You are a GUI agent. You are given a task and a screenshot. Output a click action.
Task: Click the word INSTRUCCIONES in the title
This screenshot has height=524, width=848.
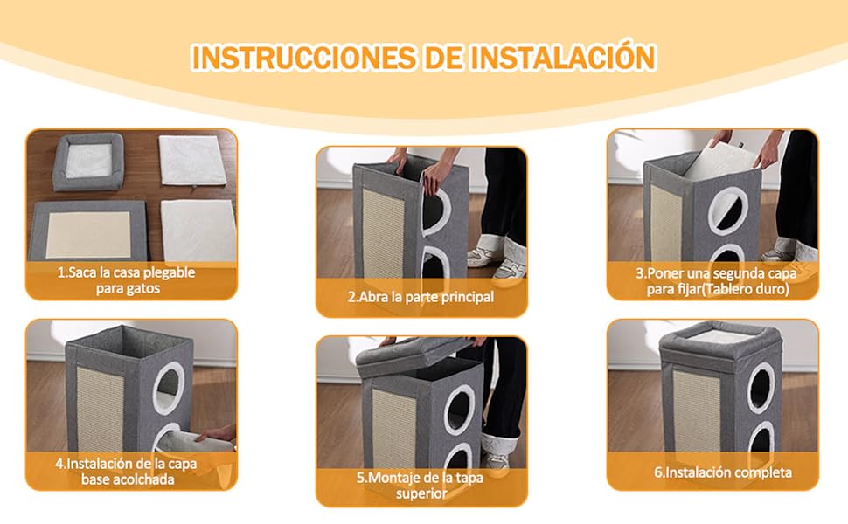(304, 58)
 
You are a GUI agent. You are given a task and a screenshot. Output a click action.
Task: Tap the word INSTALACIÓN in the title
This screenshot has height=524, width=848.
(564, 56)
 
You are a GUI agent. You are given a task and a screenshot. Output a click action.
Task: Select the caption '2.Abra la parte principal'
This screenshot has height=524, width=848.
(421, 297)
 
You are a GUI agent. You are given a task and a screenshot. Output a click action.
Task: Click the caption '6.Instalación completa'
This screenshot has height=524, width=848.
(723, 472)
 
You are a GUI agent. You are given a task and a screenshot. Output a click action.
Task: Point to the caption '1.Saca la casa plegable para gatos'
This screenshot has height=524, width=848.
(128, 279)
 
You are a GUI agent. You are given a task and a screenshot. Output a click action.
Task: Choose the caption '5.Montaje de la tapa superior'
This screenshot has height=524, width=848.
(421, 485)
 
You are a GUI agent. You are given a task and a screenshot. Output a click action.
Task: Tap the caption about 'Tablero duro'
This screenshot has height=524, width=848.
(717, 281)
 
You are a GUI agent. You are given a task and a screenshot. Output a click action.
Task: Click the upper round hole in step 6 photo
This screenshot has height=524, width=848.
(761, 388)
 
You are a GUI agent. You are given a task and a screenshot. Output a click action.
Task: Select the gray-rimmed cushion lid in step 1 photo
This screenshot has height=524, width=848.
(88, 162)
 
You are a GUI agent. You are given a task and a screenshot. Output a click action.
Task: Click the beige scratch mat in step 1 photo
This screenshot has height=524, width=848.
(88, 234)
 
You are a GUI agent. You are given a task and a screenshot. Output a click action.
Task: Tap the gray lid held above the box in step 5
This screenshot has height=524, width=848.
(413, 354)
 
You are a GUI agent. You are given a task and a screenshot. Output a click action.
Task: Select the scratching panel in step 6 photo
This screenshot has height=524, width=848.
(697, 410)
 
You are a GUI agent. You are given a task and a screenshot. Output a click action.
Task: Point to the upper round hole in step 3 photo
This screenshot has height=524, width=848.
(728, 211)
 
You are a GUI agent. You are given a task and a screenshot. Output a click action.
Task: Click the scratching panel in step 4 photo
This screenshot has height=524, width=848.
(100, 409)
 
